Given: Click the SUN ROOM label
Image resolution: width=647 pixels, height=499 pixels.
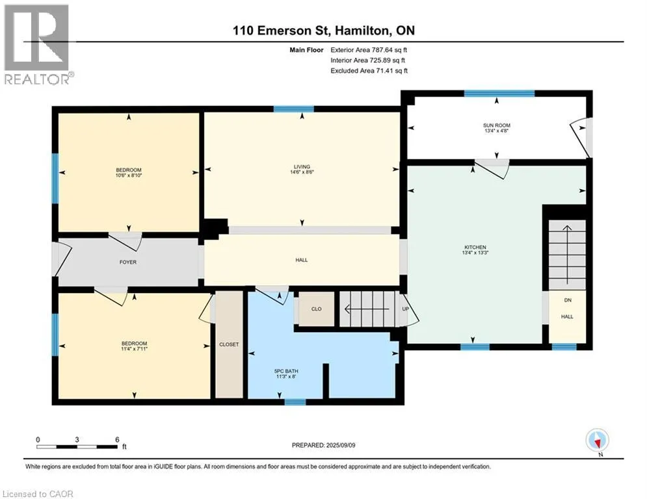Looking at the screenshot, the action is pos(496,125).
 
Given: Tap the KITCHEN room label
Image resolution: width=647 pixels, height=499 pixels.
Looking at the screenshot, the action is pos(475,247).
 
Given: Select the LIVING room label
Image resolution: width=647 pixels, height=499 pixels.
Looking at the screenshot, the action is pos(302,167).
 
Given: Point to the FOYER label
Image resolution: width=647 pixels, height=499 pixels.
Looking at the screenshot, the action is pos(128,262).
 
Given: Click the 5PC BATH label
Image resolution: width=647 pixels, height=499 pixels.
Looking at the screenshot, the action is pos(286,371).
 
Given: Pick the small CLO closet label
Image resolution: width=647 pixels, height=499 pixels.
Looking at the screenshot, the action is pos(317,309).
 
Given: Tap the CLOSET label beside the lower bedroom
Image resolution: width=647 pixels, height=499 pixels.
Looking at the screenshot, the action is pos(229,344).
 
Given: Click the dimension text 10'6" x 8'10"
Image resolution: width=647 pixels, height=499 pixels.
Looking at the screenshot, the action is pos(129,175).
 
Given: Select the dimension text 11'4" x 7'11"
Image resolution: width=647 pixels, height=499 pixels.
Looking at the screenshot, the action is pos(134,349).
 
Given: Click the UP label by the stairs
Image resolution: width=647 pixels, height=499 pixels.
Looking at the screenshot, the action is pos(405,309).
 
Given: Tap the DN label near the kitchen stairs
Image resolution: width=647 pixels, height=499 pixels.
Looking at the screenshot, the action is pos(568,300).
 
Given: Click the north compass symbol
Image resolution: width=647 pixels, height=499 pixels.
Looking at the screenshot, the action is pos(597,440).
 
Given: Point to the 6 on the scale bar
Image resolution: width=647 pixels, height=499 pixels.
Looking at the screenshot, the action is pos(117,440).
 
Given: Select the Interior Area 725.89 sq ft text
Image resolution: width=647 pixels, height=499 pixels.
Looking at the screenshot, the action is pos(367,60).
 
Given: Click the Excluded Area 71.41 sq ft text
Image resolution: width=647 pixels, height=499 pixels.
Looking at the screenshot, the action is pos(369,71).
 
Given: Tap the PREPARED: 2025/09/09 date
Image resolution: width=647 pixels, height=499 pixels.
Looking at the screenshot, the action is pos(324,445).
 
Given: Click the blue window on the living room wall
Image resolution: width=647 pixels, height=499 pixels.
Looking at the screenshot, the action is pos(294,109).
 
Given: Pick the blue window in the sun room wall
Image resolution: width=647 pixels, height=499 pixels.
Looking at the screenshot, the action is pos(499,94).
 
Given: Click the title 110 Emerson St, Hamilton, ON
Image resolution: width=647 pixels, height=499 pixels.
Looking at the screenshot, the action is pos(324,31).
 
